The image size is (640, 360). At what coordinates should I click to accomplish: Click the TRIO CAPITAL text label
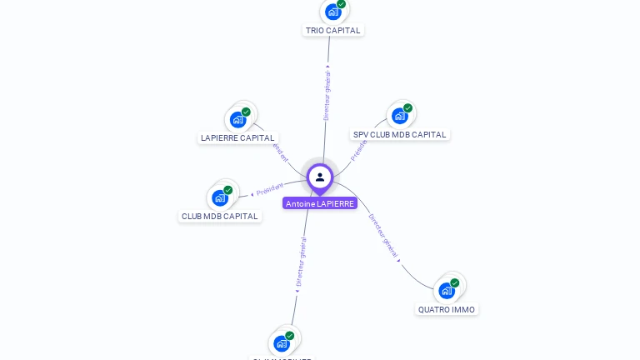[332, 31]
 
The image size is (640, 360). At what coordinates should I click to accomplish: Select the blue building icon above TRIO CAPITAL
[332, 12]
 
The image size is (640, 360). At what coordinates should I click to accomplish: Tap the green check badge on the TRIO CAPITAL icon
[341, 4]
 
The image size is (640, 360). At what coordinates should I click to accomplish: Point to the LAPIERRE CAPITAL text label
[237, 138]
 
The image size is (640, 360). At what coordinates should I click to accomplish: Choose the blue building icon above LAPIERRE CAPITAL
[237, 119]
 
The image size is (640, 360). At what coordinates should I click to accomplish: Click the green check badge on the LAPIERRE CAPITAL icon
[246, 112]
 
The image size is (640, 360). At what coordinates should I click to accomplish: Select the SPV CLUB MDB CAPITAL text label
[399, 135]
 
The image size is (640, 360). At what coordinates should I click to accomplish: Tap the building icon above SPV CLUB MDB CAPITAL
[399, 116]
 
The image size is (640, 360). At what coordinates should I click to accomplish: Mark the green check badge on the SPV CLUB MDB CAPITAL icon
[407, 108]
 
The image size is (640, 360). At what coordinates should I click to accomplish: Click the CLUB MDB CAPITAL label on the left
[220, 217]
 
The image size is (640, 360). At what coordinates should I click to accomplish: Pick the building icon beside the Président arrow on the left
[219, 197]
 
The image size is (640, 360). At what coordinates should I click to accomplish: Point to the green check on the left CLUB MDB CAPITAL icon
[227, 190]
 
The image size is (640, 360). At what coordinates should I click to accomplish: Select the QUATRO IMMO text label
[447, 310]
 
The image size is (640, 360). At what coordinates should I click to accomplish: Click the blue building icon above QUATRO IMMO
[446, 291]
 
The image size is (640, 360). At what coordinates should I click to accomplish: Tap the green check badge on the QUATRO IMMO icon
[454, 283]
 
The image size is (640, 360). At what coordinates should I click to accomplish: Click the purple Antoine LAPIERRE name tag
[320, 203]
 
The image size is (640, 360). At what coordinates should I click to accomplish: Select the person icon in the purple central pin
[320, 177]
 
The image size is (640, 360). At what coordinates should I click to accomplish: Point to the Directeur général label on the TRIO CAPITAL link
[327, 96]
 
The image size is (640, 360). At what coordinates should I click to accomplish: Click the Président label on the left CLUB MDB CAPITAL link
[270, 189]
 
